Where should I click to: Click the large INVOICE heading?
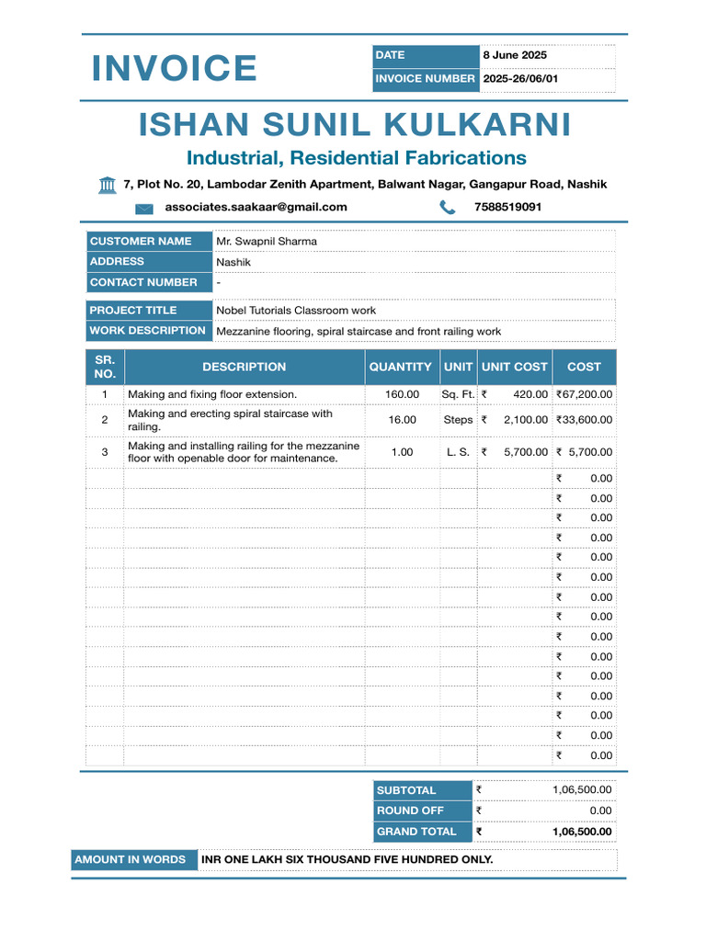coord(174,68)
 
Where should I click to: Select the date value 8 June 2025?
coord(515,55)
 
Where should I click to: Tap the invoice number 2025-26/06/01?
coord(520,79)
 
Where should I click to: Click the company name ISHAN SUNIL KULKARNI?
coord(355,124)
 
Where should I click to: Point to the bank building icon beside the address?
coord(108,185)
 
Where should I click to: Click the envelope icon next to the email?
coord(144,209)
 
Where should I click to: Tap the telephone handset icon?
coord(448,208)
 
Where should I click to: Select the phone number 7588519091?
coord(507,207)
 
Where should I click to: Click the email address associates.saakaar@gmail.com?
coord(256,207)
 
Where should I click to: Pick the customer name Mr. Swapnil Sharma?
coord(267,241)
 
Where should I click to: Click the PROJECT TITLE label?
coord(133,310)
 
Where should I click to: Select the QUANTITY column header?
coord(400,367)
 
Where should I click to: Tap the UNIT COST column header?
coord(514,367)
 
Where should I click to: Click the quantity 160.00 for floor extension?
coord(402,394)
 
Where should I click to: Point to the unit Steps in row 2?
coord(458,419)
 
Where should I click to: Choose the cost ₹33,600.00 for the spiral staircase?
coord(584,419)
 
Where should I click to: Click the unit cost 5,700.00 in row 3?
coord(525,452)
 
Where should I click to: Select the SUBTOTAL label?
coord(406,790)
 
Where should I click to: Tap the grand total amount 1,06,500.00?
coord(581,832)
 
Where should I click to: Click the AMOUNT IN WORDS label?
coord(130,859)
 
